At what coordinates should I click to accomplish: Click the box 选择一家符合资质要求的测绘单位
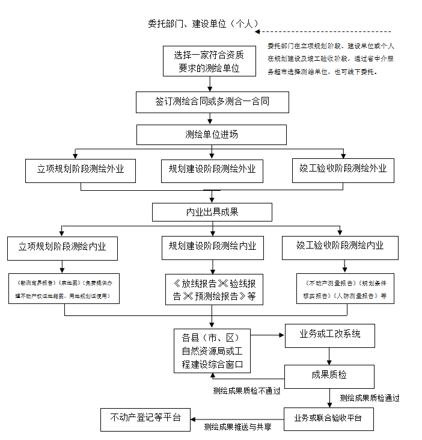click(209, 61)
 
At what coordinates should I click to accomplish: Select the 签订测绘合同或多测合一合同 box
click(212, 102)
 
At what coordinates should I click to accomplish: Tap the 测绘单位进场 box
click(212, 134)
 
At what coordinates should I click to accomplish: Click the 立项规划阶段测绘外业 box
click(81, 170)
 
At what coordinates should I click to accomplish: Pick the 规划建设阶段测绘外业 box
click(212, 170)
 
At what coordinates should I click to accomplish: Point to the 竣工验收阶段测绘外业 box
click(343, 169)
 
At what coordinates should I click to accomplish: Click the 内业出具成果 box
click(212, 212)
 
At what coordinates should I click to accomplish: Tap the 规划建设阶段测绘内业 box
click(212, 247)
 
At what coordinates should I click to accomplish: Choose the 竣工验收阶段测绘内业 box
click(340, 246)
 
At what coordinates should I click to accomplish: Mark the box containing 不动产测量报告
click(345, 288)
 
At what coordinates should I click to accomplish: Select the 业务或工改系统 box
click(330, 335)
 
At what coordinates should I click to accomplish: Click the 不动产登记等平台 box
click(145, 418)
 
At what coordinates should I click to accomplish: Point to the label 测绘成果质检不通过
click(246, 390)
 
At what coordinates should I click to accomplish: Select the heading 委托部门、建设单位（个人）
click(203, 24)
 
